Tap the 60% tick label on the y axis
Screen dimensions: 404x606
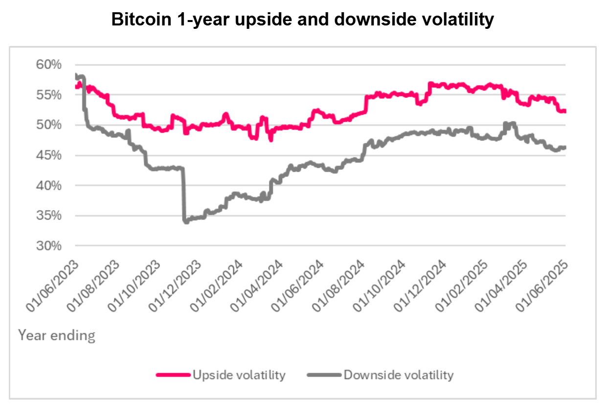[x=49, y=65]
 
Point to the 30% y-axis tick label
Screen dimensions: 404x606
[x=49, y=246]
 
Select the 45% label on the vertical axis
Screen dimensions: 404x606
[x=49, y=156]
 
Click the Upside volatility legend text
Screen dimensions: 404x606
[x=239, y=375]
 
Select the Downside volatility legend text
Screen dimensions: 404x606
[x=399, y=375]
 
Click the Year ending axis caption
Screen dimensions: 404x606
[x=57, y=336]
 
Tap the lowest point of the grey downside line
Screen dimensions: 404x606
[x=186, y=222]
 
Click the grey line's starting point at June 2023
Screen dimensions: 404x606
[x=76, y=75]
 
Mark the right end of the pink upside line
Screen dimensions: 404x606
[x=565, y=111]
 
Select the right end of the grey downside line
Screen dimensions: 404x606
[x=565, y=147]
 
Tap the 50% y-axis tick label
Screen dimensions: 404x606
[x=49, y=125]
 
